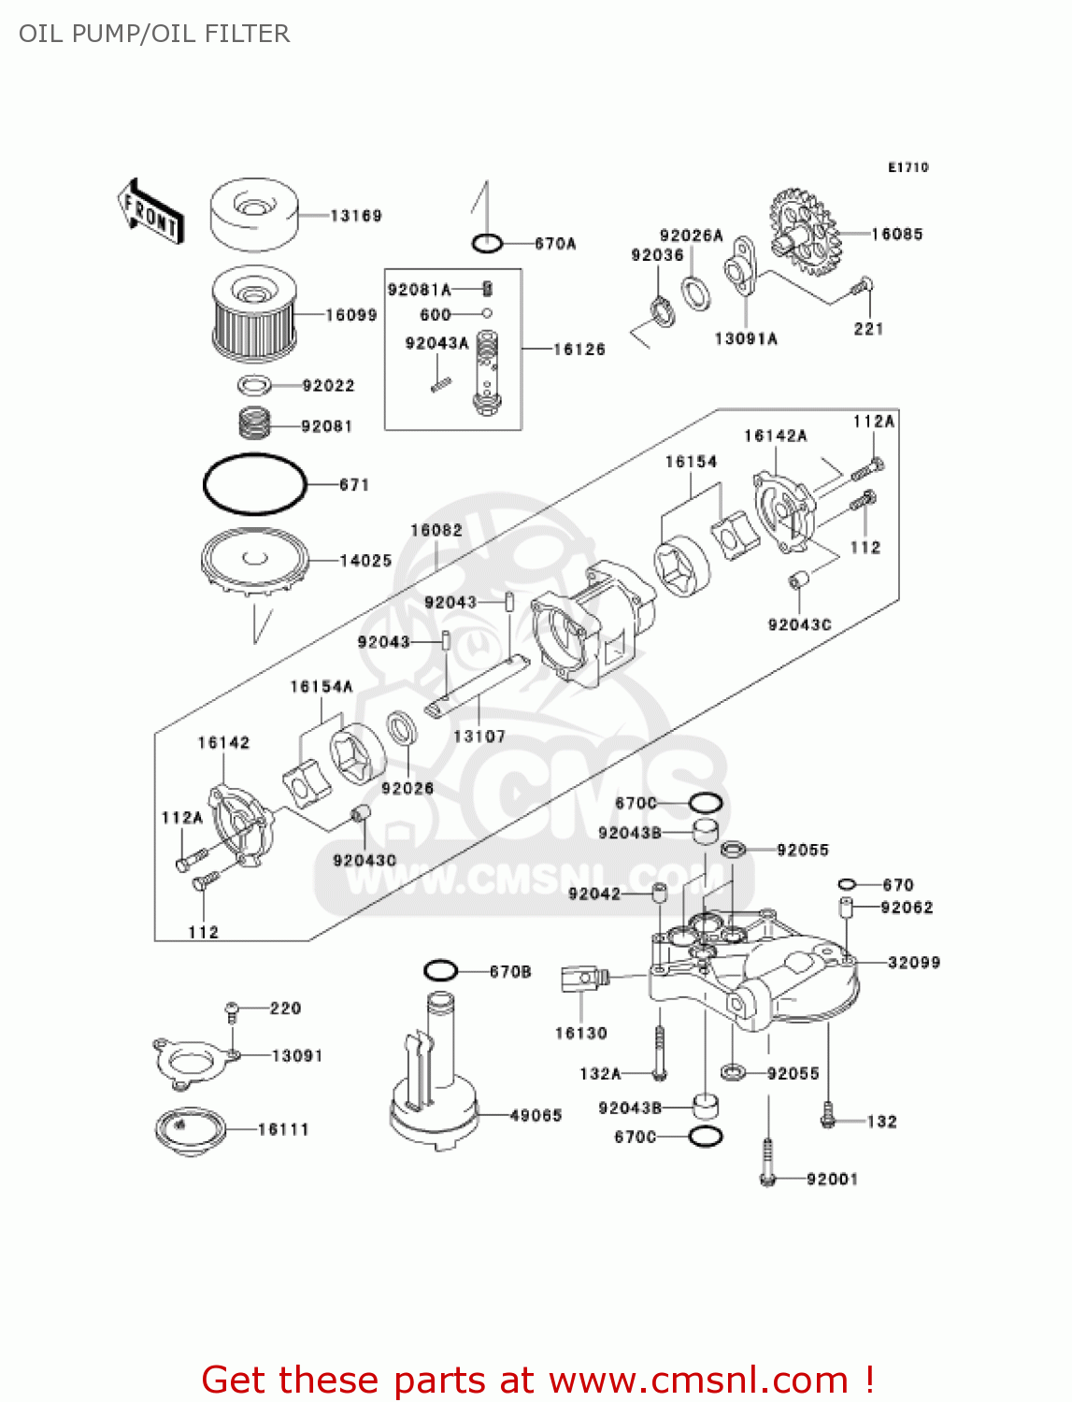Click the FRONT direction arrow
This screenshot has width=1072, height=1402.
150,212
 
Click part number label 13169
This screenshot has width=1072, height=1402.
356,216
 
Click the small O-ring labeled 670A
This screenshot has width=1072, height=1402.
487,244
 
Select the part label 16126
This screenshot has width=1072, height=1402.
579,350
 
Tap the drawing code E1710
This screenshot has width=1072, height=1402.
908,167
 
